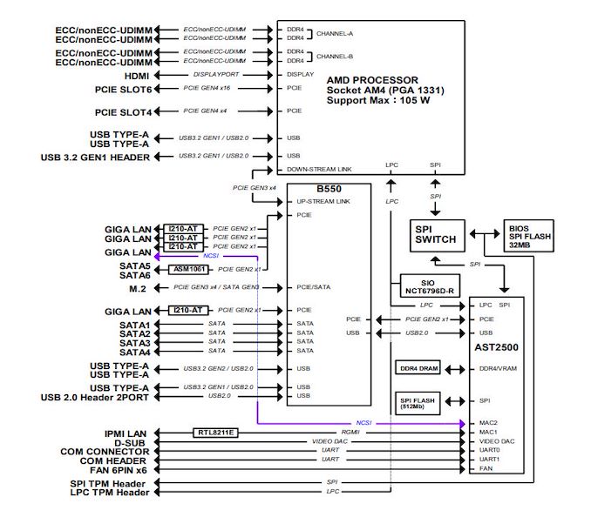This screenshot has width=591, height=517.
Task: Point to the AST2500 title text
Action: pos(496,347)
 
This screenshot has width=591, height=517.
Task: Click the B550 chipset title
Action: pos(329,189)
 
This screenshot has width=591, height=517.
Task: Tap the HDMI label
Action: pos(137,76)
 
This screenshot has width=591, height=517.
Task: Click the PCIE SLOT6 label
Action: pos(123,90)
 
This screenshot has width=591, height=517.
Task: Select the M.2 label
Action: pos(138,289)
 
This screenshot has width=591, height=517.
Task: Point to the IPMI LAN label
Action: pos(126,433)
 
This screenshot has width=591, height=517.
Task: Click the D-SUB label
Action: pos(130,443)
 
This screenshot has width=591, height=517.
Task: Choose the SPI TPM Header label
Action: pos(108,484)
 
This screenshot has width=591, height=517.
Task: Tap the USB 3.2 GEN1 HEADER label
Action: pos(95,158)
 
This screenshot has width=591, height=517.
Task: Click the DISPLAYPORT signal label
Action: pos(216,75)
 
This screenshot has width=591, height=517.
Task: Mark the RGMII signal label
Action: pos(350,432)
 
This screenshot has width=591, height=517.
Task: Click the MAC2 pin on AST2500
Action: pos(488,423)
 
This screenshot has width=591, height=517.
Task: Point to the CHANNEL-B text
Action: pos(335,57)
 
